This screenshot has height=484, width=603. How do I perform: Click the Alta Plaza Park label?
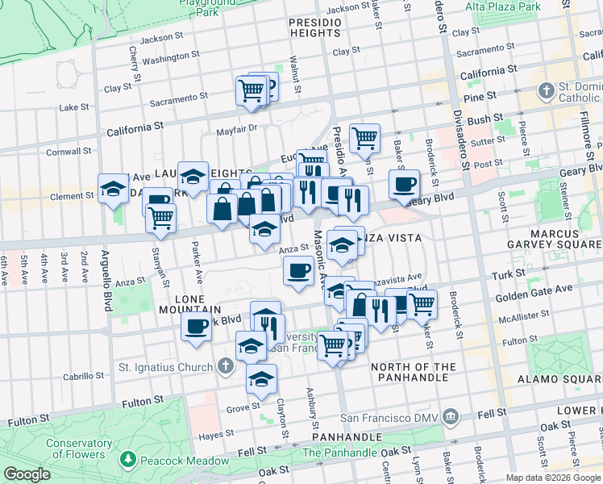501,6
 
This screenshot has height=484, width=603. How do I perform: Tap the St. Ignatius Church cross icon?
225,367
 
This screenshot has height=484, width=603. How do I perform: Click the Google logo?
27,474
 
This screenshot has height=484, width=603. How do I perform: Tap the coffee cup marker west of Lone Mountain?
196,326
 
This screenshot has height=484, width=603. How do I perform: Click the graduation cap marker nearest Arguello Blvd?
112,189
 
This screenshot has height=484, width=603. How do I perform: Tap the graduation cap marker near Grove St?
260,378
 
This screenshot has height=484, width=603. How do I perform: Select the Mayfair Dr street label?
235,128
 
